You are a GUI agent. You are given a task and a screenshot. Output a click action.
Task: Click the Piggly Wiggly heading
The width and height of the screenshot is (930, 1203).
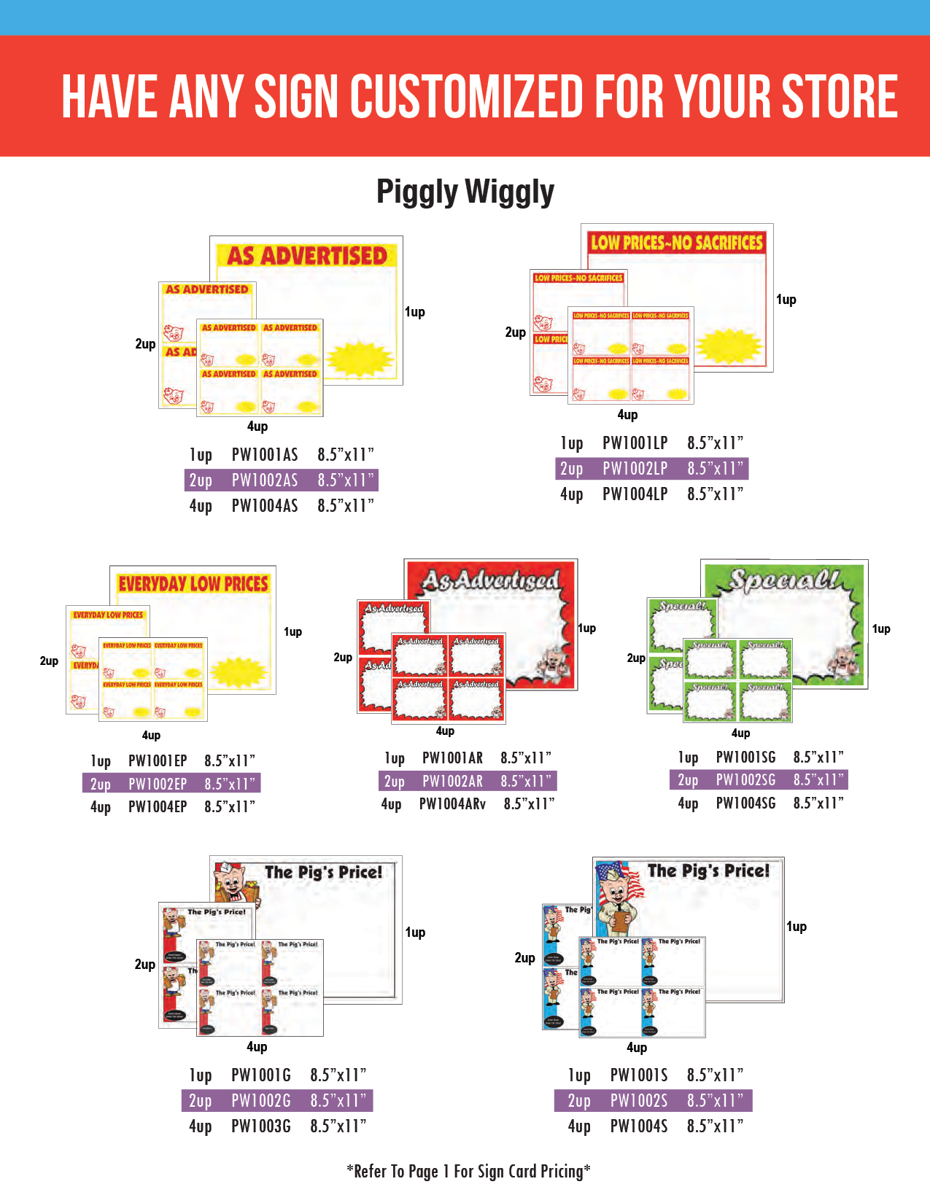point(465,192)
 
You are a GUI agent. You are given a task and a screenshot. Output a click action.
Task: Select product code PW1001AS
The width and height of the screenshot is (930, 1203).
point(265,455)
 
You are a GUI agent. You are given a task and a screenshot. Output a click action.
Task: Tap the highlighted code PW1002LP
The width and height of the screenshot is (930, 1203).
point(635,469)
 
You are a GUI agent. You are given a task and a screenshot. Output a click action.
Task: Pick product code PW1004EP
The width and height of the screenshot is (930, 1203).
point(158,807)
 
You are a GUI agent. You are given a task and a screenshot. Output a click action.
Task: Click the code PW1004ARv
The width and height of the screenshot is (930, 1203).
point(452,804)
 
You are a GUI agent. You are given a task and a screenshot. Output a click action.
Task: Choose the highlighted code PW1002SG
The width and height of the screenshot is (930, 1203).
point(745,780)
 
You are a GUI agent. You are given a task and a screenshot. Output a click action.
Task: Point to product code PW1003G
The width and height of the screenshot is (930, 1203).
point(261,1126)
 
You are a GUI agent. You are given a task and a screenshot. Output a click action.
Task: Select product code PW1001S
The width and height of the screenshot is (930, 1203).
point(639,1075)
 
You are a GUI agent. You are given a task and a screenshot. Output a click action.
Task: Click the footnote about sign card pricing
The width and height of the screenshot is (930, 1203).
point(468,1172)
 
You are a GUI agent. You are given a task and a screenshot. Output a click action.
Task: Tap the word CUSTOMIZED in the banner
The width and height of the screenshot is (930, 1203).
point(467,96)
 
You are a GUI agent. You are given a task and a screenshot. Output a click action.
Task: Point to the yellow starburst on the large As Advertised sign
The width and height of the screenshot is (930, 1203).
point(360,357)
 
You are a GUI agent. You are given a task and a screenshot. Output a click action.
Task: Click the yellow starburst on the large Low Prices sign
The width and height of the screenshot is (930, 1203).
point(728,346)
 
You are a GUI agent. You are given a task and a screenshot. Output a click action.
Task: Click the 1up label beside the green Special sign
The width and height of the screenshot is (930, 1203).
point(881,629)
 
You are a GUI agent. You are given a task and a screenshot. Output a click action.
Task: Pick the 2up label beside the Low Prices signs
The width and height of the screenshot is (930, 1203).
point(515,332)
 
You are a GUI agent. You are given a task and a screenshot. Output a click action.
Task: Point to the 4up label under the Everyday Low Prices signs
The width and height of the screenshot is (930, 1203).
point(151,735)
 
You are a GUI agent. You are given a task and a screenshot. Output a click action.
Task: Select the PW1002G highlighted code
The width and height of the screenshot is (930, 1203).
point(261,1101)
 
